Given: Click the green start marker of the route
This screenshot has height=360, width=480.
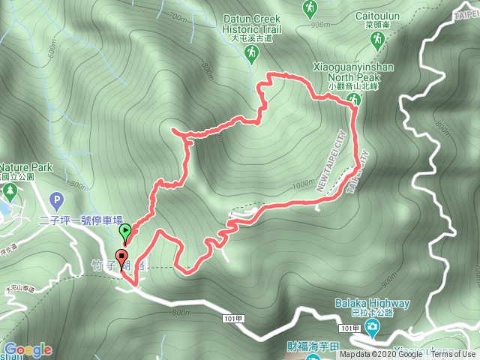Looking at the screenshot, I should (126, 232).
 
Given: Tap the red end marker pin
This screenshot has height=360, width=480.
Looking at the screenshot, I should (122, 257).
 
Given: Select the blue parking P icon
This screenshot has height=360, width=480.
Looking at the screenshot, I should (55, 200).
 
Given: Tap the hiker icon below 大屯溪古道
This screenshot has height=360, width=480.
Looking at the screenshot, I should (251, 52).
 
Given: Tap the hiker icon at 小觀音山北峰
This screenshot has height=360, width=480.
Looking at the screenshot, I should (356, 100).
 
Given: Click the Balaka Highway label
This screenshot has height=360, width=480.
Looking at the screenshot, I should (373, 304).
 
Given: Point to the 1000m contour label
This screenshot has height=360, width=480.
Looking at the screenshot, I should (303, 184).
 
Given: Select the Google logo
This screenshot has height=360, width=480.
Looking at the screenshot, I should (28, 349).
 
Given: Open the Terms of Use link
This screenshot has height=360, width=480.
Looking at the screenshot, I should (453, 355).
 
